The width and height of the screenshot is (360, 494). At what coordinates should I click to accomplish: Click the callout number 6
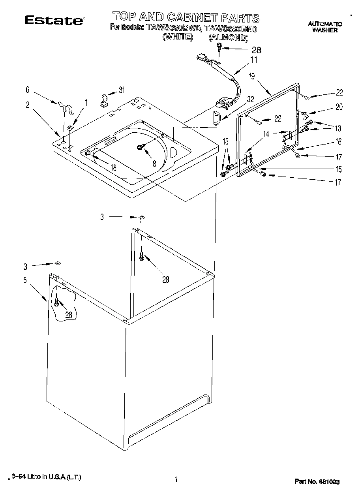[28, 90]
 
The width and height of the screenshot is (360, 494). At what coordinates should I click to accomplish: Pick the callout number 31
[122, 90]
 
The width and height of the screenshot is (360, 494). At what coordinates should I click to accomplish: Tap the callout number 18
[113, 167]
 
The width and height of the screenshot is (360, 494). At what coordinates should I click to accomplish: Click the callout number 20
[339, 106]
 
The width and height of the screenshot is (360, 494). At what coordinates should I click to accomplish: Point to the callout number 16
[339, 142]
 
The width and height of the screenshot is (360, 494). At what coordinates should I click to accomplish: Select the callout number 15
[339, 170]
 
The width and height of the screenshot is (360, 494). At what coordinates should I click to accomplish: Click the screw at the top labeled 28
[218, 49]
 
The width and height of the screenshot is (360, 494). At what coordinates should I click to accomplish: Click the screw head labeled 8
[140, 147]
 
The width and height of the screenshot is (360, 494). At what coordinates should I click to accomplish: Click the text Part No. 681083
[317, 482]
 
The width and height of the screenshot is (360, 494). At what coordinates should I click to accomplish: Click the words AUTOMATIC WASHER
[325, 27]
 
